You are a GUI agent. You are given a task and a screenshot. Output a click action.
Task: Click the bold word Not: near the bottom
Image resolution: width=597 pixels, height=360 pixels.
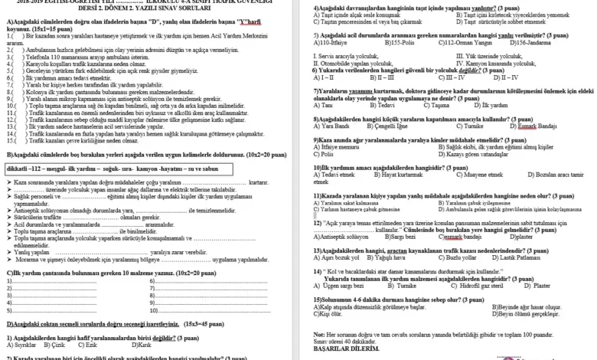[320, 334]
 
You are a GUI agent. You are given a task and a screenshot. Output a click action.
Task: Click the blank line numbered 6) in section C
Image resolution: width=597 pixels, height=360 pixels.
[199, 281]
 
